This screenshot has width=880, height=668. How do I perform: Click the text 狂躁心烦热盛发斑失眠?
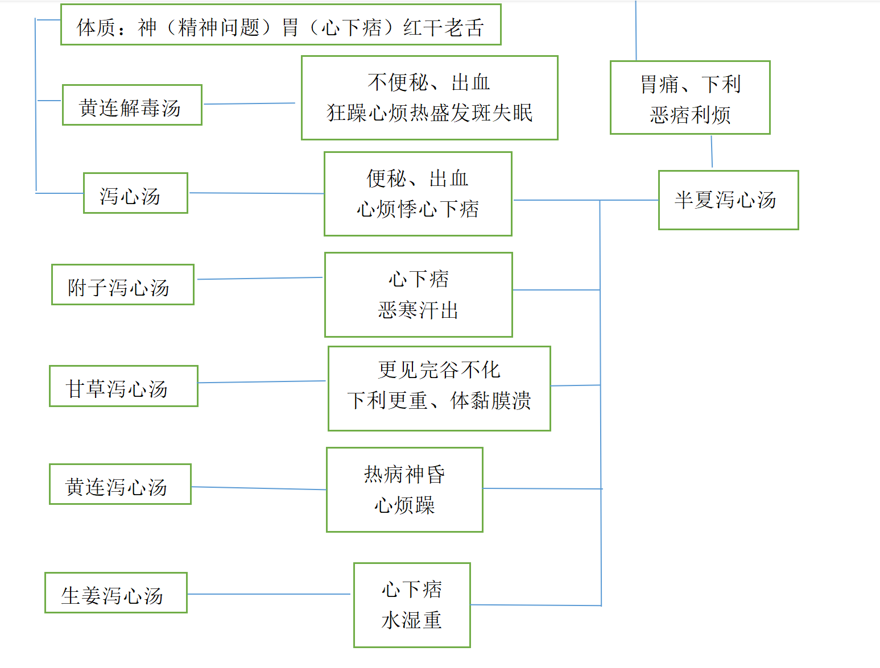point(429,113)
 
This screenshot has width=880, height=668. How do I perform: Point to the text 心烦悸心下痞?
point(418,209)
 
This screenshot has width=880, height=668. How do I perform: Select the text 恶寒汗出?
point(418,310)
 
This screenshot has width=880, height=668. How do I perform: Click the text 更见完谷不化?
point(439,370)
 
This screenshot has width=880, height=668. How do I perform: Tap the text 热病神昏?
point(404,475)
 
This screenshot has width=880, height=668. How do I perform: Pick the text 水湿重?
point(411,620)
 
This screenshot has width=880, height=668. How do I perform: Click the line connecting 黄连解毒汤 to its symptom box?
point(249,103)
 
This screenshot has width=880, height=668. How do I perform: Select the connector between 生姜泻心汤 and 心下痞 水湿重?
point(268,594)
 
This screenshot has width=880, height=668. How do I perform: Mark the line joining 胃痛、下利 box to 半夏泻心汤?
point(712,151)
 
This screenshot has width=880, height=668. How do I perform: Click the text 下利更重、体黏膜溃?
point(439,400)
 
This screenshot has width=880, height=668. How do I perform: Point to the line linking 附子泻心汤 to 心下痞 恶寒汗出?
point(260,279)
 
